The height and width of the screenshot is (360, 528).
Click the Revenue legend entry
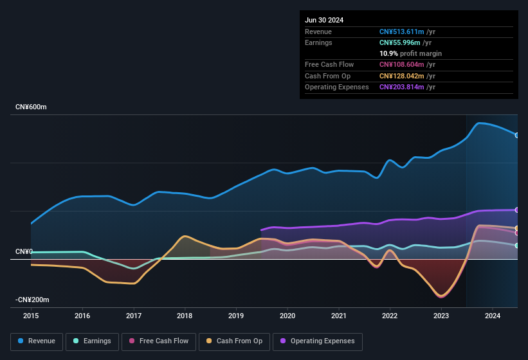pos(37,341)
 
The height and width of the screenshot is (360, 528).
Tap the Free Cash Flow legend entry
pos(158,341)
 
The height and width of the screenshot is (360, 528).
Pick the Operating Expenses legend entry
pos(317,341)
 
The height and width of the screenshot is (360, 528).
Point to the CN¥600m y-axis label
pos(31,107)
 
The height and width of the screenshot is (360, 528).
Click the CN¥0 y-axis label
pos(24,251)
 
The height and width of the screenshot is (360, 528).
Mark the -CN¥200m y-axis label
pos(33,300)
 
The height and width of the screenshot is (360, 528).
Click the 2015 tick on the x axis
pos(31,316)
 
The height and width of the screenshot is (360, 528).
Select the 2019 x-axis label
pos(236,316)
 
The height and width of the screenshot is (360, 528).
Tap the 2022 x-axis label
pos(390,316)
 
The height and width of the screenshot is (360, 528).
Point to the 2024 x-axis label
pos(493,316)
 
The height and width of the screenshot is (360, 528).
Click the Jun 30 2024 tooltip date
pos(324,20)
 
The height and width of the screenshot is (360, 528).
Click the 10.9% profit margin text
pos(410,53)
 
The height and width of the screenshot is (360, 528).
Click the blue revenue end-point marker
pos(516,135)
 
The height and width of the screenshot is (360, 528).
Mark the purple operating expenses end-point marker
pos(516,210)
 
